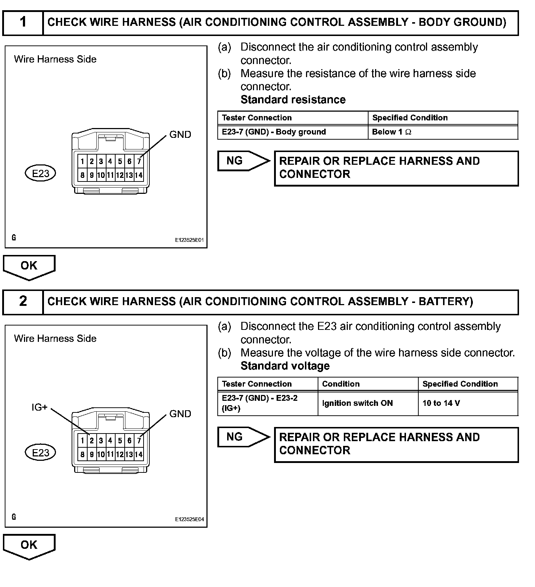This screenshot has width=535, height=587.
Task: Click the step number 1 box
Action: pyautogui.click(x=23, y=23)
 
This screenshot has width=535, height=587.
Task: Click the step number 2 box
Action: pyautogui.click(x=23, y=302)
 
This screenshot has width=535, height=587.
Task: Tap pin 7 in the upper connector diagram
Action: pyautogui.click(x=139, y=161)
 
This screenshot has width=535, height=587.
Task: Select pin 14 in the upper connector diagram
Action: pyautogui.click(x=138, y=175)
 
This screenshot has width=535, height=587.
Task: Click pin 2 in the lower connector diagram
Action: pyautogui.click(x=92, y=441)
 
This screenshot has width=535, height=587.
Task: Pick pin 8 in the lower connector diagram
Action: pyautogui.click(x=83, y=455)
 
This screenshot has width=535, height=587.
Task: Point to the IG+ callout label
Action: pyautogui.click(x=39, y=408)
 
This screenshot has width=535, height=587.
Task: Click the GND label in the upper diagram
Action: pyautogui.click(x=180, y=135)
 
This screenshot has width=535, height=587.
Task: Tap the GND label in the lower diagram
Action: pyautogui.click(x=180, y=414)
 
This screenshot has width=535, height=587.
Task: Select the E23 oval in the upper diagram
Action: pyautogui.click(x=40, y=173)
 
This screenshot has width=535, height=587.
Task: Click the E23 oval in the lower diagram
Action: pyautogui.click(x=40, y=453)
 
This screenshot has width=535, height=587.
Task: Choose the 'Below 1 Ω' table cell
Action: pyautogui.click(x=391, y=132)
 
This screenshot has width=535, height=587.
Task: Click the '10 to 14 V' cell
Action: pyautogui.click(x=441, y=403)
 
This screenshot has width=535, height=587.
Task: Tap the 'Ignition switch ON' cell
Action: pyautogui.click(x=357, y=403)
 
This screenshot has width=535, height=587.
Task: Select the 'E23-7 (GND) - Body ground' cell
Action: pyautogui.click(x=274, y=132)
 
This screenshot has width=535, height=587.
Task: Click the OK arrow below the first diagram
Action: pyautogui.click(x=29, y=267)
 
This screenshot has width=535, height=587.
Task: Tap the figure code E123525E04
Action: pyautogui.click(x=189, y=519)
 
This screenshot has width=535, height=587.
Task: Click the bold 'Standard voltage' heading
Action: pyautogui.click(x=285, y=366)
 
